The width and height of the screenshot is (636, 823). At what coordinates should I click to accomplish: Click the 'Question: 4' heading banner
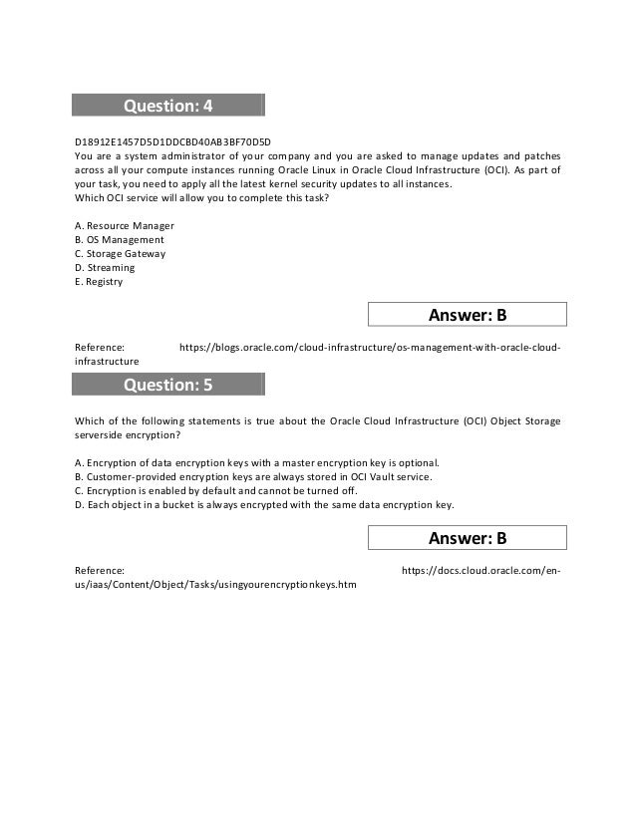click(167, 106)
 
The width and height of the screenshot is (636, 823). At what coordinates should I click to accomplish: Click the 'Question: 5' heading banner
click(167, 385)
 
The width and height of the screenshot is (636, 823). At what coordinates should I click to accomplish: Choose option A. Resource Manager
click(125, 226)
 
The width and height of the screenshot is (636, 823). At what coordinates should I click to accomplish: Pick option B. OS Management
click(120, 240)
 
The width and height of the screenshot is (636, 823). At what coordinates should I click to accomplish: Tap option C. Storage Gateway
click(121, 254)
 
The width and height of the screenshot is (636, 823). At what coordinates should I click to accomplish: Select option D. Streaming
click(105, 268)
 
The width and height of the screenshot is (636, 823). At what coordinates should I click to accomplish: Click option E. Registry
click(99, 282)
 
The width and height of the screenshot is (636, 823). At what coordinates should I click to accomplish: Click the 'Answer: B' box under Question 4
click(468, 315)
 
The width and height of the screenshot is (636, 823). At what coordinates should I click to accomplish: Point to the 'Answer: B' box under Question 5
click(468, 538)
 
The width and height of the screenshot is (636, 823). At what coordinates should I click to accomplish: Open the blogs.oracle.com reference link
click(369, 347)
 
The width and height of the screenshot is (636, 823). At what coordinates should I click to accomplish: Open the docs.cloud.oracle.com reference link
click(480, 570)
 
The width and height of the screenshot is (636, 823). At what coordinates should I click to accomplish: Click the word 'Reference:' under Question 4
click(100, 347)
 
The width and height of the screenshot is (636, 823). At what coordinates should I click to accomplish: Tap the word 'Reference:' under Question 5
click(100, 570)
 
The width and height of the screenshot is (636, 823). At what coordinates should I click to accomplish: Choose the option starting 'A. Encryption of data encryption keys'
click(257, 463)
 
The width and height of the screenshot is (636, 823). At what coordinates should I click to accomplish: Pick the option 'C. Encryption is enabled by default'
click(215, 491)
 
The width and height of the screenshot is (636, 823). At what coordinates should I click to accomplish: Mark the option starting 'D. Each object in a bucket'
click(264, 505)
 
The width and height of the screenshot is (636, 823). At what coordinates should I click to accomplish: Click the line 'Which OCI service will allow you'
click(201, 198)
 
